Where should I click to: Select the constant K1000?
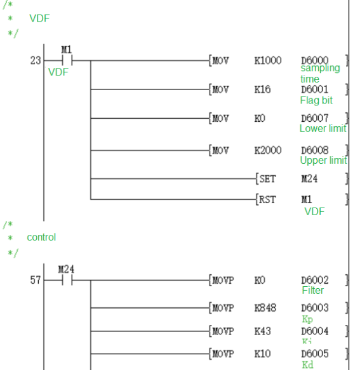267,61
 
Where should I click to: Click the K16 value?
262,89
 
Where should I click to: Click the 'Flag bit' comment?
316,100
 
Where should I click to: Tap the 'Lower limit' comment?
323,129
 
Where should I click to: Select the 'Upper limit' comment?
323,161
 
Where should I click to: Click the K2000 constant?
267,150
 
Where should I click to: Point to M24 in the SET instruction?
309,179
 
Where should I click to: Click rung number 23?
35,61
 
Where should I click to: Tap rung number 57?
35,279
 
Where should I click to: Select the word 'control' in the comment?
41,237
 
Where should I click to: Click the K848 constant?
265,308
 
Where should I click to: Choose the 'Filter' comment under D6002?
313,291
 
